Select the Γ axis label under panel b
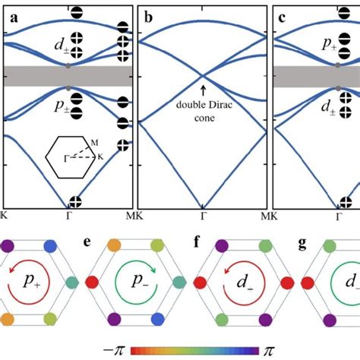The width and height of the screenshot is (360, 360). (203, 215)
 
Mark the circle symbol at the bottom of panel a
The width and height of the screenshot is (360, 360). (74, 202)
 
